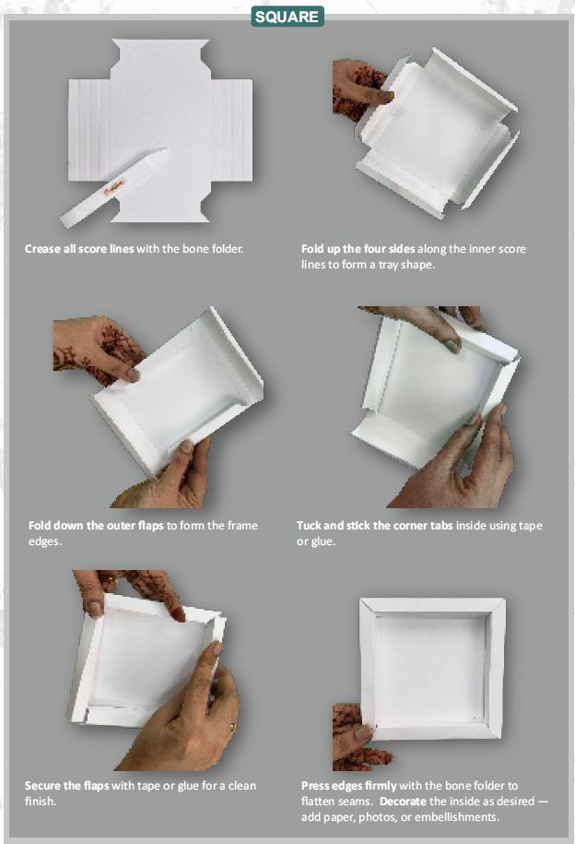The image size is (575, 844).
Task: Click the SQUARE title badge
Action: point(287,17)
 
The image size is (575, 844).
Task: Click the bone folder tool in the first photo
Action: point(114,189)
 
